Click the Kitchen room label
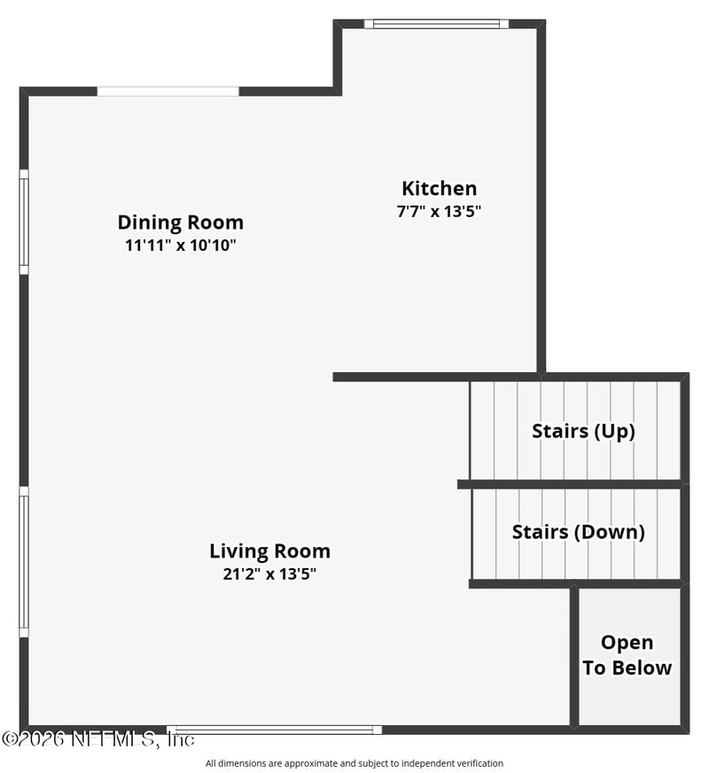(439, 188)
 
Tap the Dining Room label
(180, 223)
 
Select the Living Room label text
(269, 551)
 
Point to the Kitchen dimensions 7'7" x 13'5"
(439, 212)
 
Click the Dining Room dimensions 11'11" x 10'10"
(180, 245)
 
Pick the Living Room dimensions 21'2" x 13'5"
(269, 574)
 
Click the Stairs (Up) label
(583, 432)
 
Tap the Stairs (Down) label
(579, 532)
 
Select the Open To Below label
(627, 655)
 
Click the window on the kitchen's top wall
(437, 24)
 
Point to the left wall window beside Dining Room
(24, 222)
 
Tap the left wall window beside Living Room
(24, 562)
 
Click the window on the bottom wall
(274, 730)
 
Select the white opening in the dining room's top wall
(168, 91)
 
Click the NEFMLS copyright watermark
(98, 739)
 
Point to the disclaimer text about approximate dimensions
(354, 763)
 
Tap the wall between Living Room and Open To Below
(574, 657)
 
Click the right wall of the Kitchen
(541, 197)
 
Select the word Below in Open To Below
(640, 668)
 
